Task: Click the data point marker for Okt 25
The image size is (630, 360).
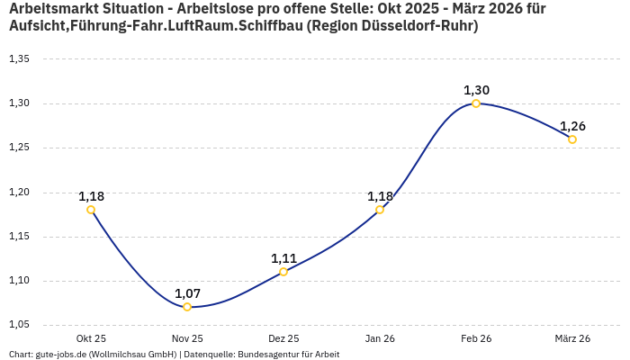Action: (91, 210)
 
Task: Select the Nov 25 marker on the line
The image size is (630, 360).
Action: (187, 307)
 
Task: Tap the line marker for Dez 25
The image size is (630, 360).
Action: (283, 272)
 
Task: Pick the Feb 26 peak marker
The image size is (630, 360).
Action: (476, 103)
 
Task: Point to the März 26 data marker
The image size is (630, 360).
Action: (572, 139)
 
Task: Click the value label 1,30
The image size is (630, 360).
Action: (476, 90)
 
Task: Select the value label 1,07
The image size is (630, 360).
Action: (187, 293)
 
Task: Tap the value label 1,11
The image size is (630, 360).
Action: (283, 258)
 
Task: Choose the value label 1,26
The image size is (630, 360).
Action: (572, 126)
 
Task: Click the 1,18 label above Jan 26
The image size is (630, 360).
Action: (380, 196)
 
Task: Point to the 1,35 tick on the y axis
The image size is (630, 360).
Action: (19, 59)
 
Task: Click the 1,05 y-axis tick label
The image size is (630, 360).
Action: (19, 325)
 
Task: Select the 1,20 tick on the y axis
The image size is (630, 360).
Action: (19, 193)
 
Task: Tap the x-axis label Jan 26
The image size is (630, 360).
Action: (380, 338)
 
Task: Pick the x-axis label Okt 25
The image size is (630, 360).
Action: (91, 338)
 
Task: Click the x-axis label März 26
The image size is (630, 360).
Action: (572, 338)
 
